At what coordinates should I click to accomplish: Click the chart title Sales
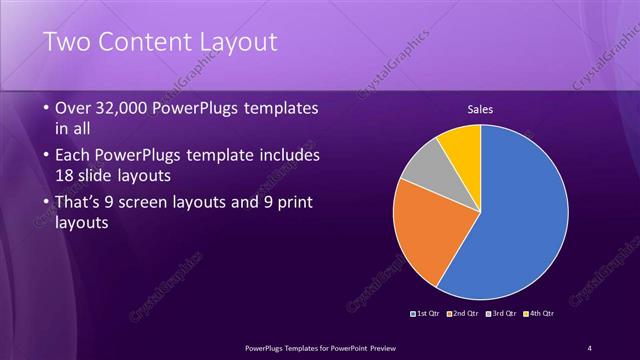(x=481, y=109)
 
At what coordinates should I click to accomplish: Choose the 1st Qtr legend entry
(x=427, y=313)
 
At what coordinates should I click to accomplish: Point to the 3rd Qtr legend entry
(x=500, y=313)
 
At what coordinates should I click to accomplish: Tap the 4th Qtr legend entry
(x=537, y=313)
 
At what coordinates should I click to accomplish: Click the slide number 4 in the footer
(x=589, y=347)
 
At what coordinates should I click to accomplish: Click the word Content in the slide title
(x=145, y=42)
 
